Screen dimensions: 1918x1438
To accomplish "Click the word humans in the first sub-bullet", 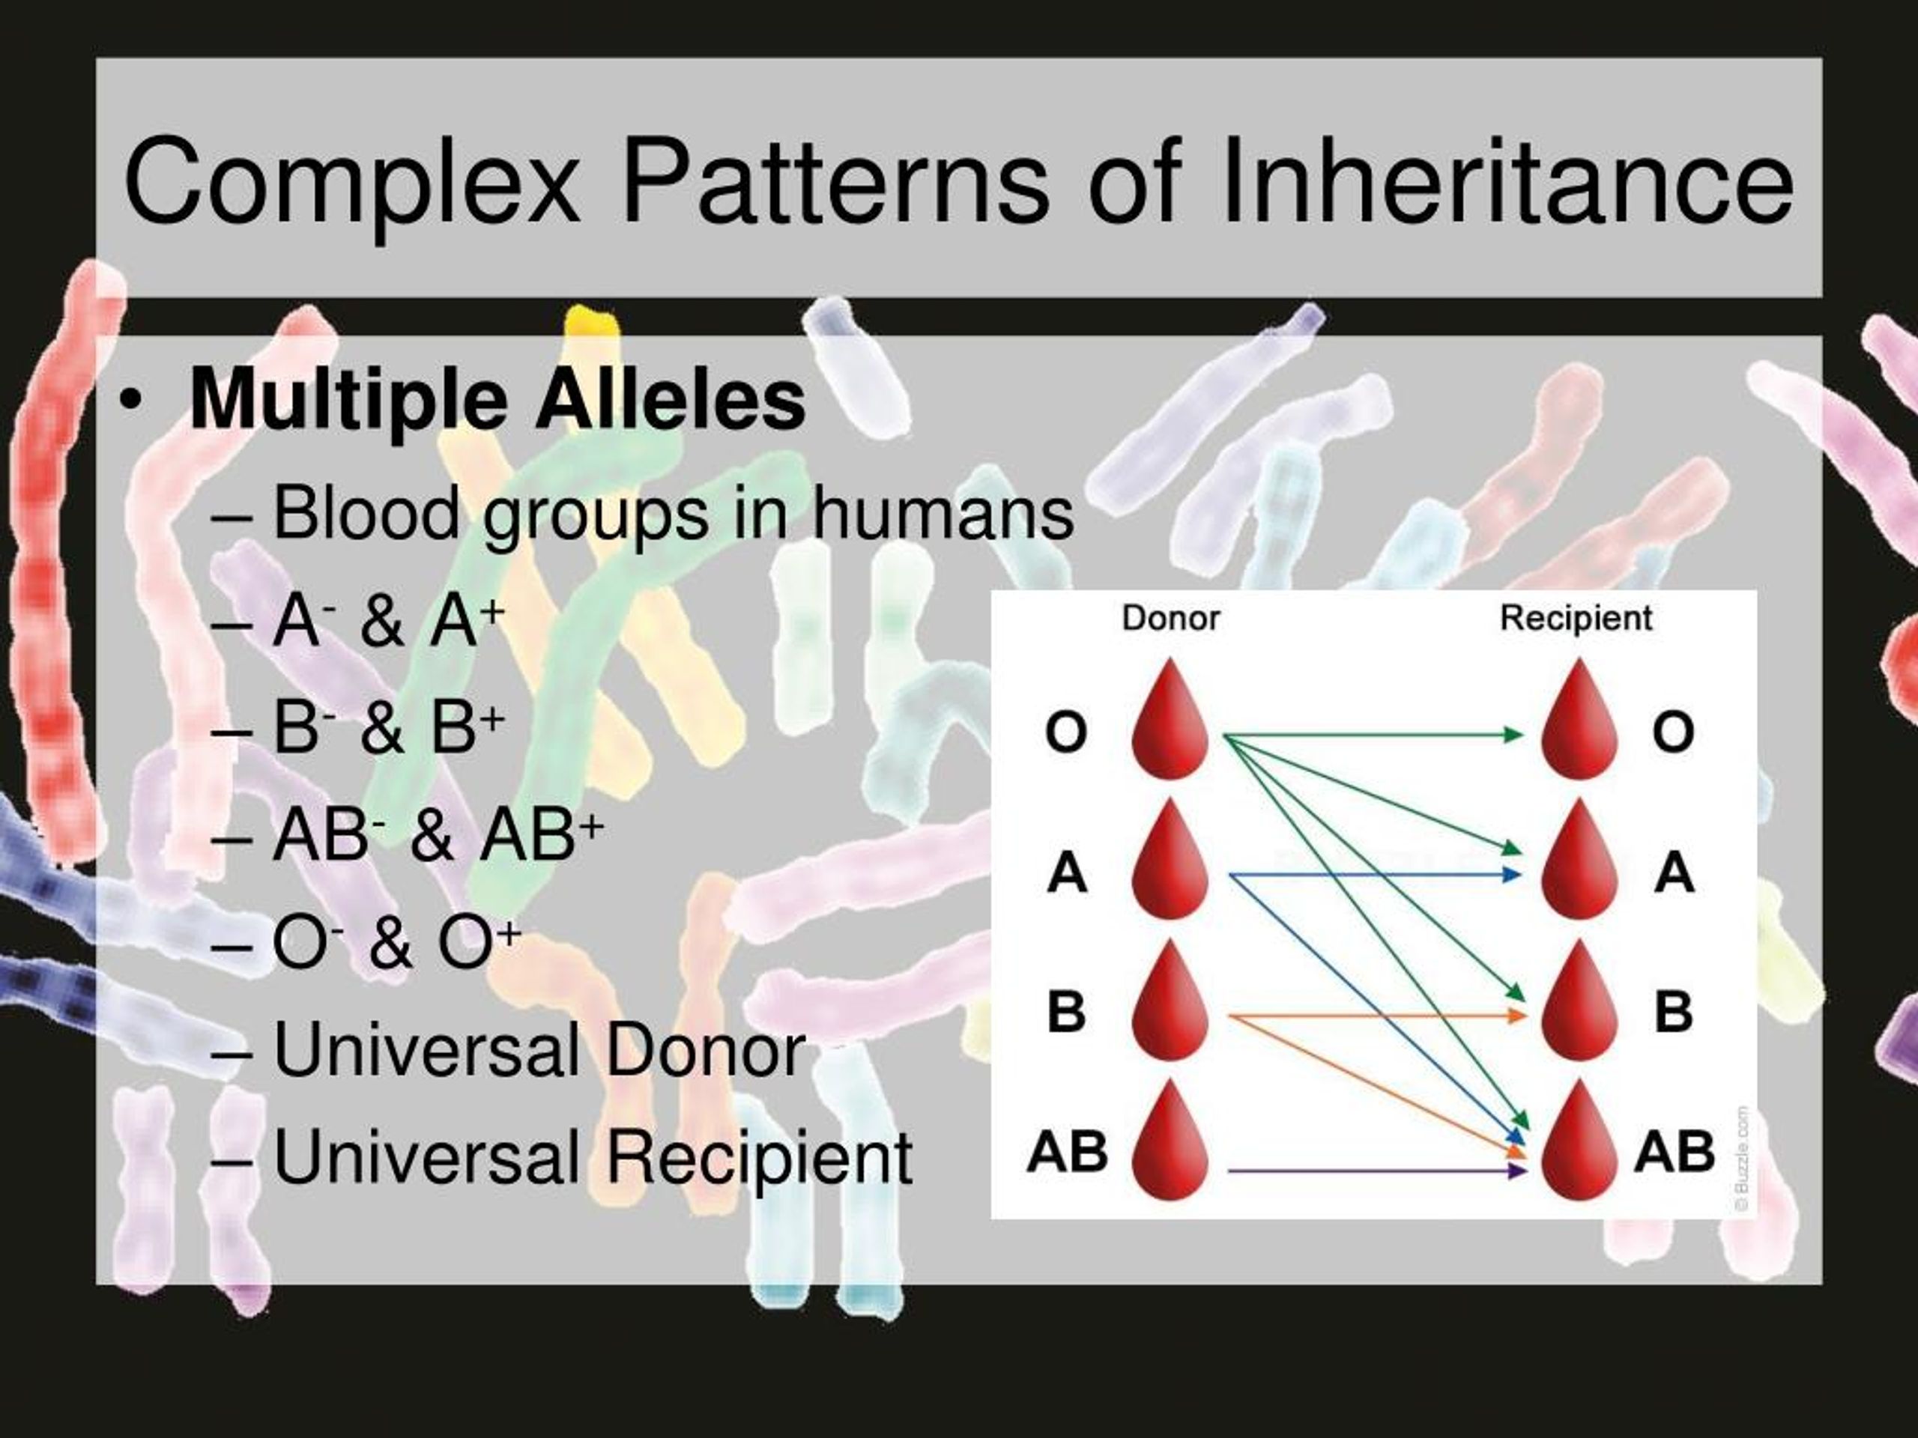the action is point(943,512).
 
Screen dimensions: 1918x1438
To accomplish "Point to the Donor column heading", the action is point(1170,618).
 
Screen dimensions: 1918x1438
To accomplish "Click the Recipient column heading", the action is point(1576,618).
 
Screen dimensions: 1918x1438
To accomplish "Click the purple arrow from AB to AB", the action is point(1377,1171).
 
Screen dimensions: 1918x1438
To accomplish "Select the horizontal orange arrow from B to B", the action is point(1378,1014).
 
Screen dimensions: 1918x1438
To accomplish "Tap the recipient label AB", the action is point(1674,1151).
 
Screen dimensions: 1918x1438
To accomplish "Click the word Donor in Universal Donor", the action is point(705,1051).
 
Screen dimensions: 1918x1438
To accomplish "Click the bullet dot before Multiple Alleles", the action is point(130,401).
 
